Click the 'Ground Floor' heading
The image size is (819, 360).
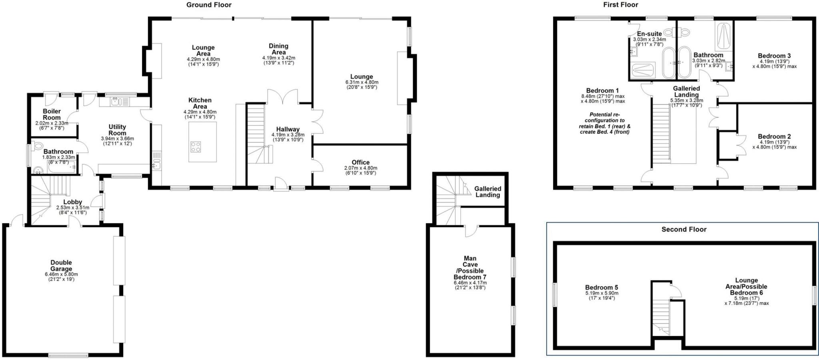(x=209, y=5)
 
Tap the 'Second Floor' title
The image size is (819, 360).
(x=684, y=229)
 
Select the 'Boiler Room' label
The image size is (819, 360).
(x=52, y=114)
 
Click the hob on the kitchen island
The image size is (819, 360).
(x=196, y=147)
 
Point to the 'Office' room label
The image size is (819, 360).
(x=360, y=162)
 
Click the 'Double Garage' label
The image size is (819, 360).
(x=61, y=266)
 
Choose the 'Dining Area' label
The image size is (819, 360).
(x=278, y=49)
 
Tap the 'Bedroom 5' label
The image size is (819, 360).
(x=601, y=287)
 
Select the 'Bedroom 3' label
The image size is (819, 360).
(x=774, y=56)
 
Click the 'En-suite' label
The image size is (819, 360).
(x=649, y=34)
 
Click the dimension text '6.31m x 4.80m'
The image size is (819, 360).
(x=362, y=82)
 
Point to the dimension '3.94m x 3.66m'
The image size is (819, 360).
(x=117, y=139)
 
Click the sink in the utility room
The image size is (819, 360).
(x=116, y=101)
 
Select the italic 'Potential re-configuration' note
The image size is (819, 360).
(x=604, y=123)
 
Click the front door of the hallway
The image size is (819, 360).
(x=281, y=185)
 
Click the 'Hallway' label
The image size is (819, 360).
(x=288, y=129)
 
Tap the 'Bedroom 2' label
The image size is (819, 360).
(x=774, y=137)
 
